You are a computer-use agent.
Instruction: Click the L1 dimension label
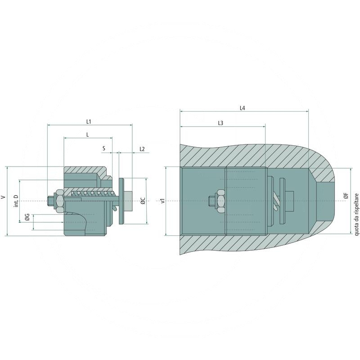pos(89,121)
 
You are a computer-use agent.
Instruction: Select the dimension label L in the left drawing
pos(87,135)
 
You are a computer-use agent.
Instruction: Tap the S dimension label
pos(104,148)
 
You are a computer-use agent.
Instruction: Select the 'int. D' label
pos(16,201)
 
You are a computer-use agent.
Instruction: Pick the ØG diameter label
pos(27,219)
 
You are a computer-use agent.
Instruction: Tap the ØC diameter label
pos(142,201)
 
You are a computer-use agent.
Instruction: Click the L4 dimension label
pos(243,108)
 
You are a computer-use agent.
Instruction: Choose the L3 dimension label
pos(220,123)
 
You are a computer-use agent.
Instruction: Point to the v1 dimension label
pos(163,201)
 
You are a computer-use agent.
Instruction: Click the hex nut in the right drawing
pos(220,201)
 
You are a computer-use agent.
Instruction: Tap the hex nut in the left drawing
pos(59,201)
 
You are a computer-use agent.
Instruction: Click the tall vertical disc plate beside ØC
pos(121,201)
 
